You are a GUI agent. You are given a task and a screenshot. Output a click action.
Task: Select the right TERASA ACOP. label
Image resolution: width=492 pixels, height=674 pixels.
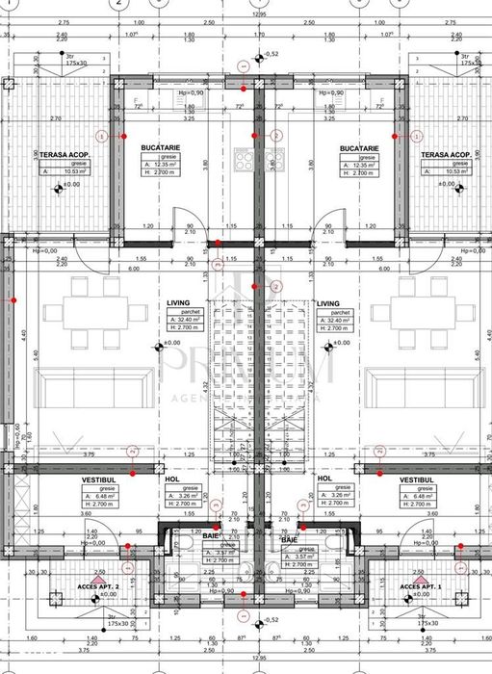point(445,154)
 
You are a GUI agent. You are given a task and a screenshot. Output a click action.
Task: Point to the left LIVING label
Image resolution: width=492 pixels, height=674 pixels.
point(178,302)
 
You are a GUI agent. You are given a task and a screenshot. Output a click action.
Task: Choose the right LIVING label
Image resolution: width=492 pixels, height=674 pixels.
point(328,302)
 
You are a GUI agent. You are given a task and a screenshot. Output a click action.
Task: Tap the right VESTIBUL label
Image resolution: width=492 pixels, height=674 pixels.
point(415,479)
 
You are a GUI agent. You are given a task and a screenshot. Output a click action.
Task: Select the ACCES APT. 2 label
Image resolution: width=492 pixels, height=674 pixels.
point(97,584)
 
